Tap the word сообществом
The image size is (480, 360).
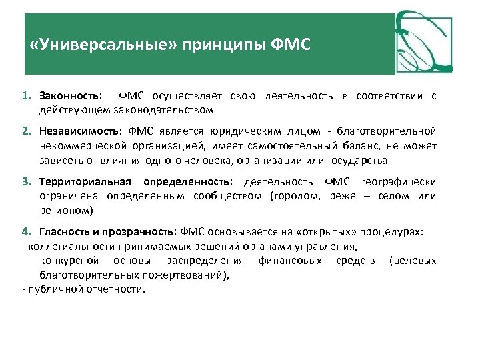tap(227, 196)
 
